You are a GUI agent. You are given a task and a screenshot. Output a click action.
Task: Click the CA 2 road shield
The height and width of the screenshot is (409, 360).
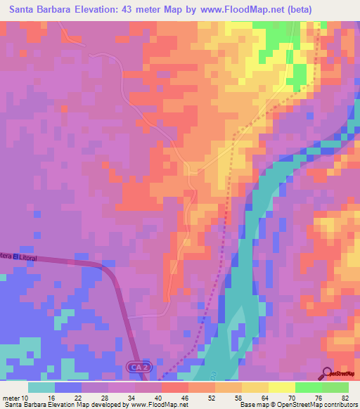[139, 368]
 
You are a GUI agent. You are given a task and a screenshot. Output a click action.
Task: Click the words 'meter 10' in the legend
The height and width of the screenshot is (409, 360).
[15, 397]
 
